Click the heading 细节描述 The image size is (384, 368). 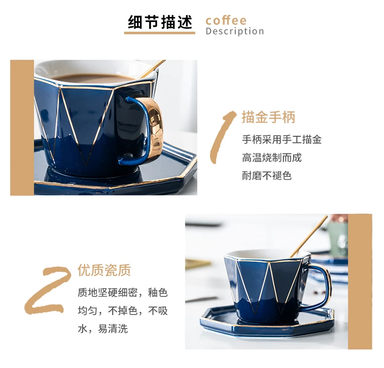click(160, 22)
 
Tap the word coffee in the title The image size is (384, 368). click(226, 20)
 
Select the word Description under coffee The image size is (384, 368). click(235, 31)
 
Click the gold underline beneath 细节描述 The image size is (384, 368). click(159, 33)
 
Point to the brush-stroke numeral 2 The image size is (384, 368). click(48, 289)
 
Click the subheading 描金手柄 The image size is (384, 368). click(268, 117)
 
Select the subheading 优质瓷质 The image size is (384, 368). click(105, 270)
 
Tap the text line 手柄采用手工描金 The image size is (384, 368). click(282, 140)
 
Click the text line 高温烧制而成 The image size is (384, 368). click(272, 158)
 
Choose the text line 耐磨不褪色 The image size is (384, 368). click(267, 176)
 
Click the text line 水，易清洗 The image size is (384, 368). click(103, 329)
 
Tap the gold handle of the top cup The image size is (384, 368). click(155, 128)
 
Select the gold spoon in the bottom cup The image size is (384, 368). click(309, 236)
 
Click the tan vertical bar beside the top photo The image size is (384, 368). click(22, 128)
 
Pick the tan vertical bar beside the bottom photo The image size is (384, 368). click(360, 281)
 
